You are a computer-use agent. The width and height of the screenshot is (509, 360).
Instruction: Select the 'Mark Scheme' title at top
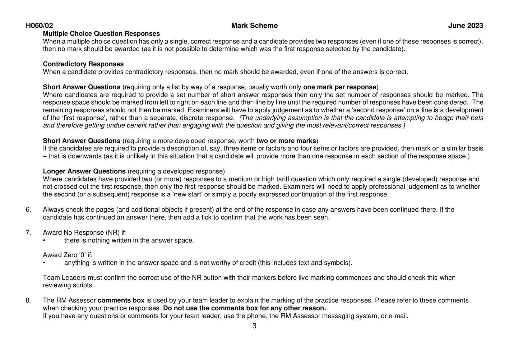(254, 26)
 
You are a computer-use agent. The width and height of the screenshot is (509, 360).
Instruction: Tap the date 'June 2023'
(465, 26)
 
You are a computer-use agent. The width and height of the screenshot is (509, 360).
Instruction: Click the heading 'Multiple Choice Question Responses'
(101, 34)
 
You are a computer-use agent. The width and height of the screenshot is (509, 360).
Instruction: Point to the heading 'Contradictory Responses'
(83, 64)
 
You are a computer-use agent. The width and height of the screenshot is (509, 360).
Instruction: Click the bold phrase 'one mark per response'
(340, 87)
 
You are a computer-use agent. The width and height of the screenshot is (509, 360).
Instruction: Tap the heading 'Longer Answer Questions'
(84, 171)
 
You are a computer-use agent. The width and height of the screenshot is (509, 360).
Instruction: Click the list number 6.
(28, 210)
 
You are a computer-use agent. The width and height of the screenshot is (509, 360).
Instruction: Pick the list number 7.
(28, 233)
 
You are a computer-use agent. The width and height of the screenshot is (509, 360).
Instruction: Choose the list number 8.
(28, 301)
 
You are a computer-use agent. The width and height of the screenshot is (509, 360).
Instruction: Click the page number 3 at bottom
(254, 326)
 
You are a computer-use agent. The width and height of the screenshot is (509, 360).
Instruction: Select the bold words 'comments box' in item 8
(121, 301)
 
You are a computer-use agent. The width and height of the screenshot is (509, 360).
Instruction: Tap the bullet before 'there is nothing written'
(44, 241)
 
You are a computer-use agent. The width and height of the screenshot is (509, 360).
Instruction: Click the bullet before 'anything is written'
(44, 263)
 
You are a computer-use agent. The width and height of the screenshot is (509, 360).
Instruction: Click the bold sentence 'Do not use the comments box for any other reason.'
(244, 308)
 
